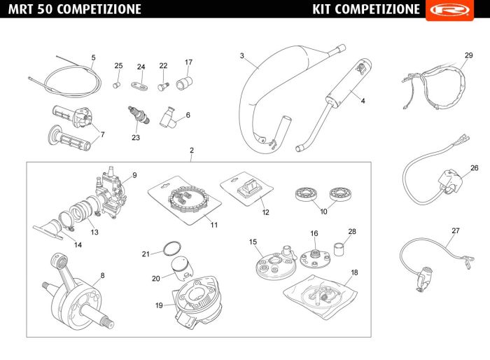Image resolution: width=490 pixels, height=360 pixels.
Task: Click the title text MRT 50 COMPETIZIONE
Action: (75, 9)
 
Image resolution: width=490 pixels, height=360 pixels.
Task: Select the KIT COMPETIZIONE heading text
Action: (366, 9)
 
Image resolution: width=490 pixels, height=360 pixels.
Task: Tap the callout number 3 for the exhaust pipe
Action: (241, 56)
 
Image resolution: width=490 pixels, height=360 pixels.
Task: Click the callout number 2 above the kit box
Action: (192, 151)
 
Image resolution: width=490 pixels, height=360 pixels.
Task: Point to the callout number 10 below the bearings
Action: (323, 211)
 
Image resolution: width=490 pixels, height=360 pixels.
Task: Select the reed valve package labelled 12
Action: (246, 188)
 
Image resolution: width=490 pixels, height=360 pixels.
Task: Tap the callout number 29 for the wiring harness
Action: (469, 55)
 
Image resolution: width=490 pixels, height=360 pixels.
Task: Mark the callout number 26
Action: (474, 168)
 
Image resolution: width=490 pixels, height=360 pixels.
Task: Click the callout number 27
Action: (456, 230)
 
